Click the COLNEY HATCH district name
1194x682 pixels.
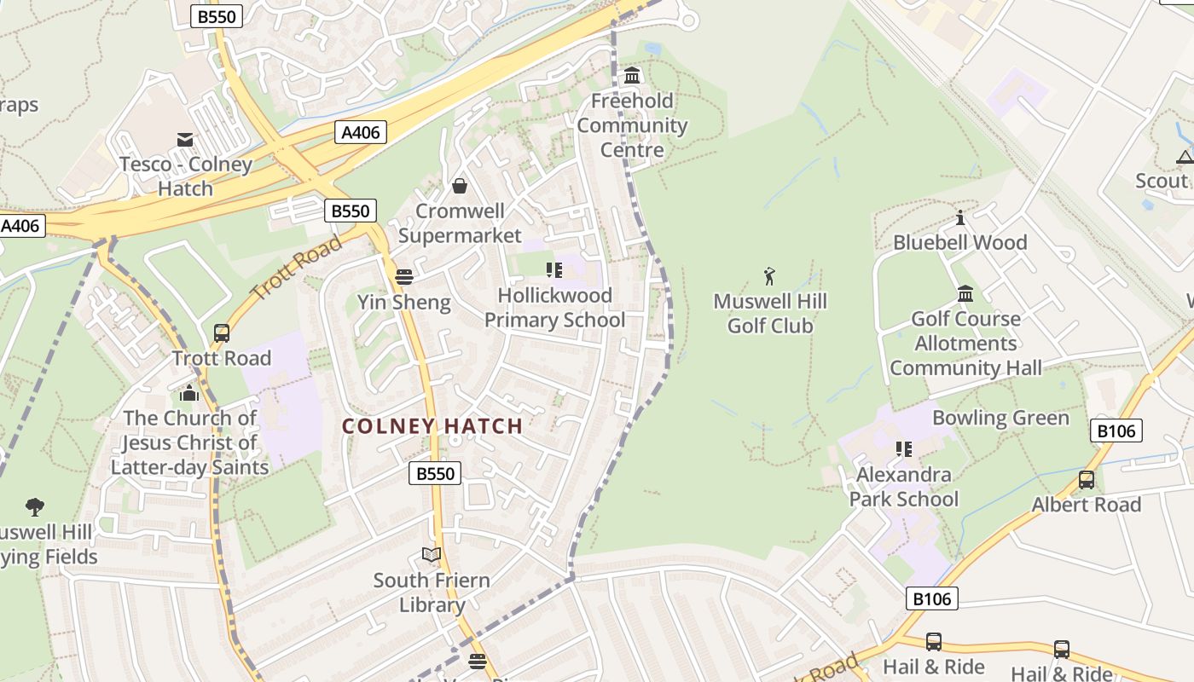click(432, 426)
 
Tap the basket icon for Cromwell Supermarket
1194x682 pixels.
click(460, 186)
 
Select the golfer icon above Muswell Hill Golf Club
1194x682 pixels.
click(769, 276)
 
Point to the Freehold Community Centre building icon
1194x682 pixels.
click(632, 76)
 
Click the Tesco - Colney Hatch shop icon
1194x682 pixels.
click(184, 139)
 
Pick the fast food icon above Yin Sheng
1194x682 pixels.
click(404, 276)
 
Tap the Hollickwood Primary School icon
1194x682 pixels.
click(554, 270)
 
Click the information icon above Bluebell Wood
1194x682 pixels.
click(960, 217)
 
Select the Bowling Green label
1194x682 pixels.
click(1000, 418)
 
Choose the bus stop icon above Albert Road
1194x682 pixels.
click(1086, 480)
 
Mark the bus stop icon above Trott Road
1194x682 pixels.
click(222, 333)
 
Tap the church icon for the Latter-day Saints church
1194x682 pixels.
click(189, 393)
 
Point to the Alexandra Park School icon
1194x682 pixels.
click(904, 449)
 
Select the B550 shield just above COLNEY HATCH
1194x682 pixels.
click(435, 473)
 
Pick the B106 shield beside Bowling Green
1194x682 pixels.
click(1116, 431)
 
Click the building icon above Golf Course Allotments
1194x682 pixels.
click(965, 294)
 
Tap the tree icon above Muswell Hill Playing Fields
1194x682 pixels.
click(35, 507)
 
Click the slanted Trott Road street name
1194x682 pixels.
click(297, 267)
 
